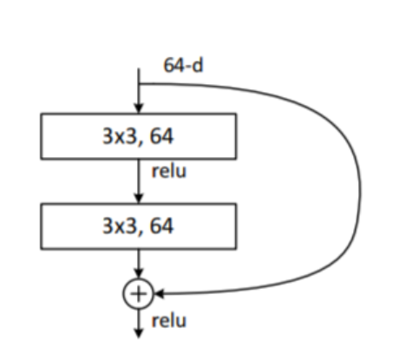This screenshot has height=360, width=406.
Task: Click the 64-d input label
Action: click(183, 66)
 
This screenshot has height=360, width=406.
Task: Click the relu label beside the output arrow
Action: click(168, 321)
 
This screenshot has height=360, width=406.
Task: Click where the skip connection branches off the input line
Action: click(138, 84)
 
